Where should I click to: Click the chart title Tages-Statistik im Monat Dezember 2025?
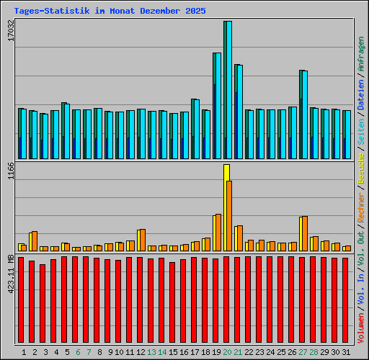pyautogui.click(x=110, y=12)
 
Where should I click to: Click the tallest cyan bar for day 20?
pyautogui.click(x=228, y=90)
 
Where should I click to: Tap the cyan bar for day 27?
pyautogui.click(x=304, y=115)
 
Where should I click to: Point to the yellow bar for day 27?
pyautogui.click(x=302, y=233)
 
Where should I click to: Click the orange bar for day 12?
pyautogui.click(x=142, y=240)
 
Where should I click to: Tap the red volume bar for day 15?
pyautogui.click(x=172, y=303)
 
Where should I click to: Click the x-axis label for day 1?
pyautogui.click(x=24, y=352)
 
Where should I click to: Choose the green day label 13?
pyautogui.click(x=151, y=352)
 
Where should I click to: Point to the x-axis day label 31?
pyautogui.click(x=346, y=352)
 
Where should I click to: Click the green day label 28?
pyautogui.click(x=314, y=352)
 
